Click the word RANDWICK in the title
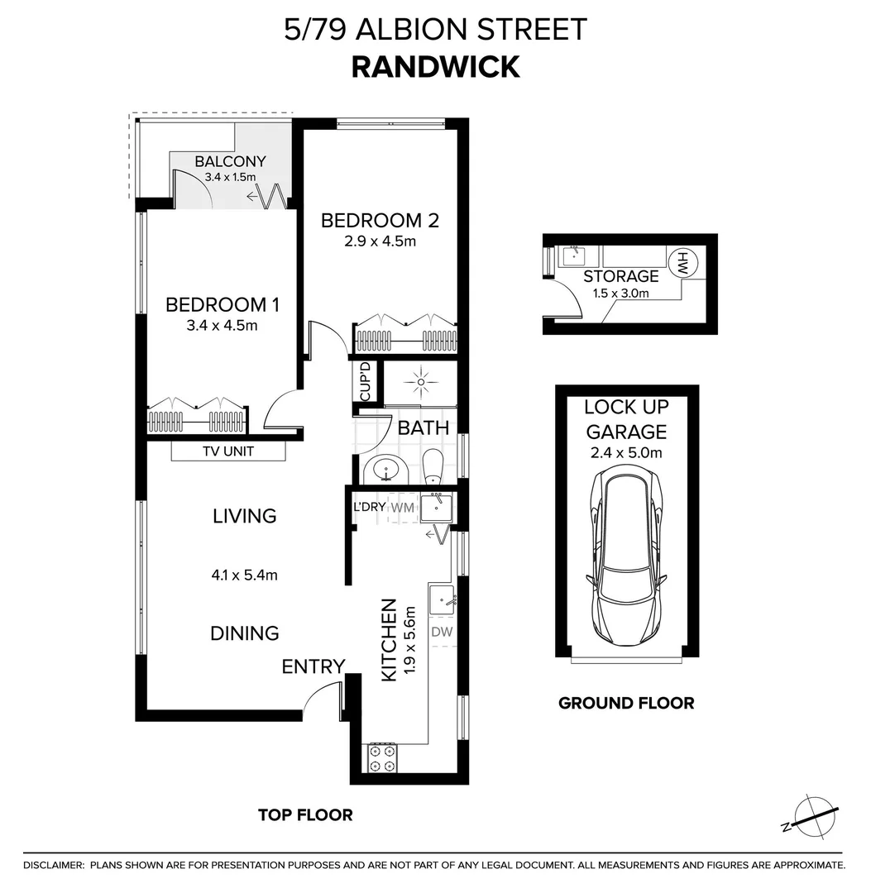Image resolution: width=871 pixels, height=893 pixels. (435, 66)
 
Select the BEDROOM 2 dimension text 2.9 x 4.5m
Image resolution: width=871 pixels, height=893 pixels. (380, 241)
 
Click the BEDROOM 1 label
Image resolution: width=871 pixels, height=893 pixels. (223, 304)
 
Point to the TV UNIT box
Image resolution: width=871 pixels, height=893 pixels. (228, 451)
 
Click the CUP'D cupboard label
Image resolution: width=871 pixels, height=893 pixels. (365, 383)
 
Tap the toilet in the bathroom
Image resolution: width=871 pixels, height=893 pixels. (433, 467)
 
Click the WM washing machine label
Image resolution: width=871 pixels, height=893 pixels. (402, 507)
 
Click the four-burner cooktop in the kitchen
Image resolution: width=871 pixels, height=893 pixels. (382, 758)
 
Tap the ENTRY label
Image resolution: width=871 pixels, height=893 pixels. (313, 666)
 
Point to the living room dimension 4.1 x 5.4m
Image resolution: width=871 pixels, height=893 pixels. (244, 575)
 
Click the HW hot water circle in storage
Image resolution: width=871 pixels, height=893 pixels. (683, 263)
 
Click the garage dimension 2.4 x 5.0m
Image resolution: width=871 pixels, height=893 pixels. (626, 452)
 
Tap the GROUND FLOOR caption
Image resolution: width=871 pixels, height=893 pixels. (626, 704)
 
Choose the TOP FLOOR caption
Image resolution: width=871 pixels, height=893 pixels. (305, 815)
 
